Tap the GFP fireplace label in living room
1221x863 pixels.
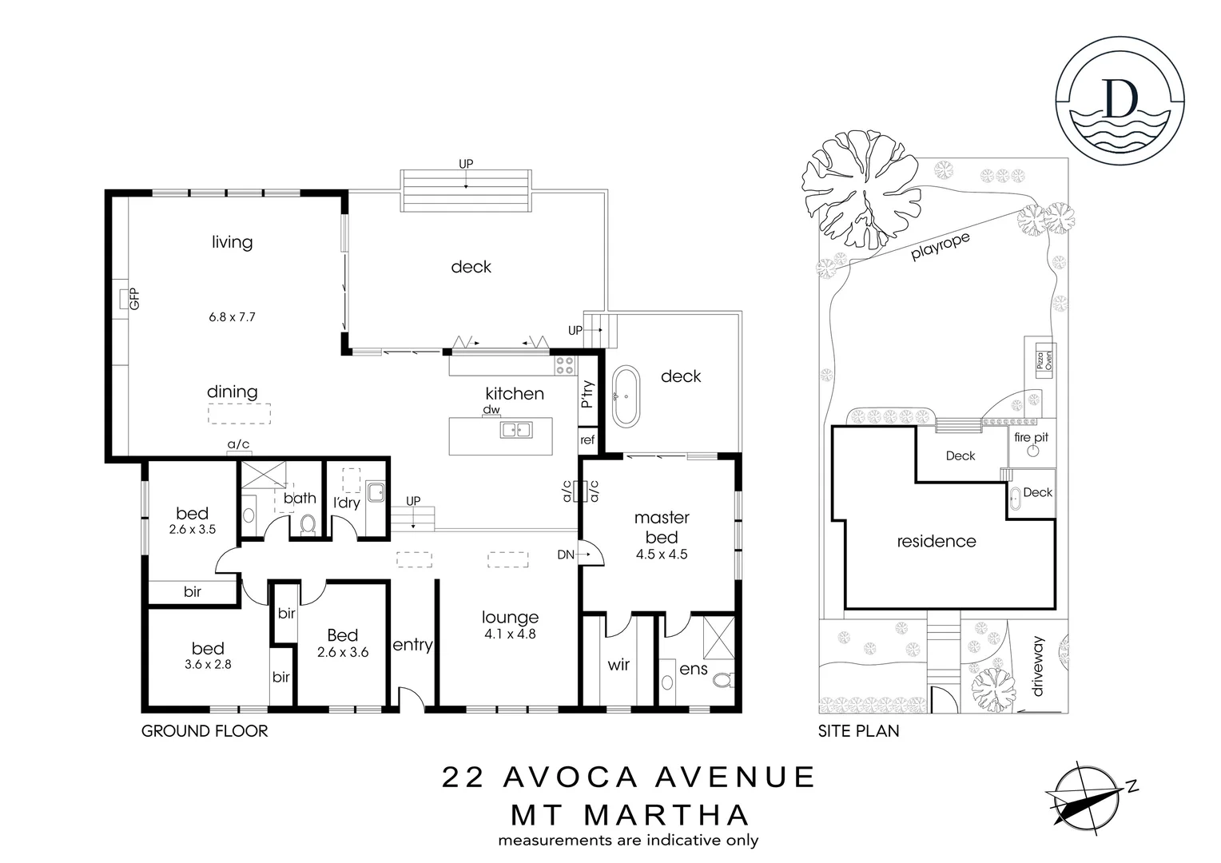coord(134,299)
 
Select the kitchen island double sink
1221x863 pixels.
coord(515,430)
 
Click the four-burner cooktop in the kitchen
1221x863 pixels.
coord(564,365)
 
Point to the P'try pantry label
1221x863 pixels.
coord(588,395)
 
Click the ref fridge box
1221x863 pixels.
coord(587,440)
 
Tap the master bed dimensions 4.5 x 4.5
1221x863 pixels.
coord(662,554)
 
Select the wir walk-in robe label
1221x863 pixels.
coord(618,664)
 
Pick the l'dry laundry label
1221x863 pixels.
coord(347,502)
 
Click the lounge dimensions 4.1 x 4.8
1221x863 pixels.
coord(510,634)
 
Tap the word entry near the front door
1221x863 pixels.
coord(412,644)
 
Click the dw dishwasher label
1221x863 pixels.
coord(491,410)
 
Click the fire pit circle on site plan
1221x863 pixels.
coord(1032,451)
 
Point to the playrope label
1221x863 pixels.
coord(941,247)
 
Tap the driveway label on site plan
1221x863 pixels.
coord(1038,666)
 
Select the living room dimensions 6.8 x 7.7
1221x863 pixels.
coord(232,316)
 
